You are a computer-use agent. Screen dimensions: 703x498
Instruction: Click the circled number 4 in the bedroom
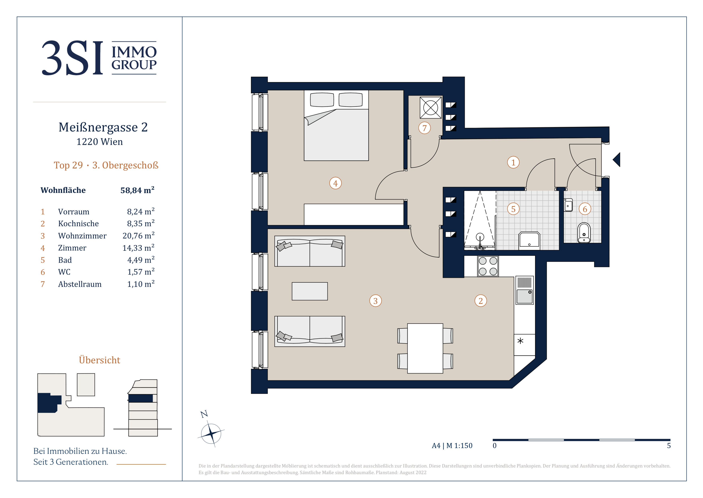[335, 183]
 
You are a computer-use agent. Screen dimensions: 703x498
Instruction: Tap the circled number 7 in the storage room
[424, 128]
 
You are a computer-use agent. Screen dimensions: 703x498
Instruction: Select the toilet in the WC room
[584, 233]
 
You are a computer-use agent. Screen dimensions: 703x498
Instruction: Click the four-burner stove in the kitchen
[488, 266]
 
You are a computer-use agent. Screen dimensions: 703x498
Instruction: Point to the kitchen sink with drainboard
[524, 290]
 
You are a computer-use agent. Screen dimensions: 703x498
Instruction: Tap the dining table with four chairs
[425, 348]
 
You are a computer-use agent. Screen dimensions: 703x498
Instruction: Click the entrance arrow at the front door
[616, 160]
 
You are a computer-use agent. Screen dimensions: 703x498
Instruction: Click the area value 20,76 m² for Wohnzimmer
[138, 235]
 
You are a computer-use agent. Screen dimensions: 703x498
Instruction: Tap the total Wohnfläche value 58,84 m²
[137, 190]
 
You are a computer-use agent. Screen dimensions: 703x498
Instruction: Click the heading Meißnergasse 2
[103, 127]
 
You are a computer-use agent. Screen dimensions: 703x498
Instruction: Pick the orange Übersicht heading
[99, 360]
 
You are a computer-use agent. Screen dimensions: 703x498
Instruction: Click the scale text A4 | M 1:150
[452, 445]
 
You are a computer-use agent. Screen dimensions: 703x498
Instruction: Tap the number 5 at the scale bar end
[669, 445]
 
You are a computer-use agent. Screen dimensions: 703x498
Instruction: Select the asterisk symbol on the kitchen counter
[520, 341]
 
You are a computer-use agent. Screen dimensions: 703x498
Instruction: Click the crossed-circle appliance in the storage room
[430, 108]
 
